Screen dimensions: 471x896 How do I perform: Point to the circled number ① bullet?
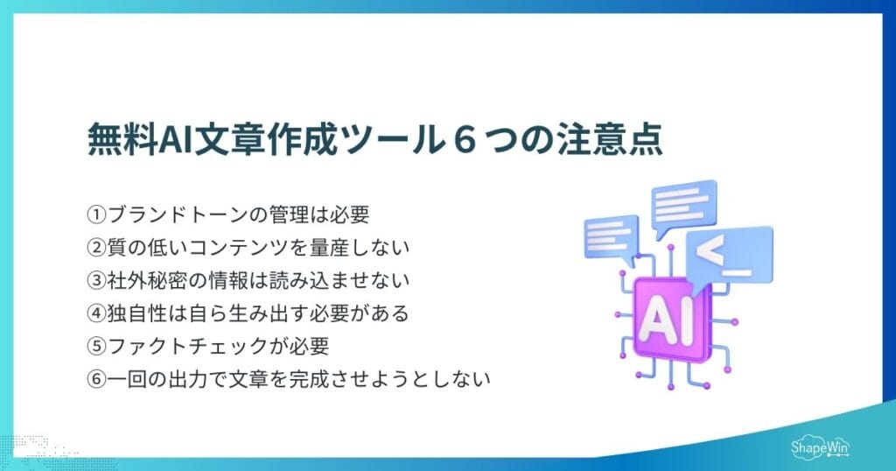click(x=96, y=213)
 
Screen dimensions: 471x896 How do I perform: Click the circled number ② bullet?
click(x=96, y=246)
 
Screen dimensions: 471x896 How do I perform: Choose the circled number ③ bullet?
click(x=96, y=279)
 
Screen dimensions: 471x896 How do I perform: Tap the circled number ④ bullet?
click(x=96, y=313)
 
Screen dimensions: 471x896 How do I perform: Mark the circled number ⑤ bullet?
click(x=96, y=346)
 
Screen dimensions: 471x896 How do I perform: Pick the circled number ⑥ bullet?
click(x=96, y=379)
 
